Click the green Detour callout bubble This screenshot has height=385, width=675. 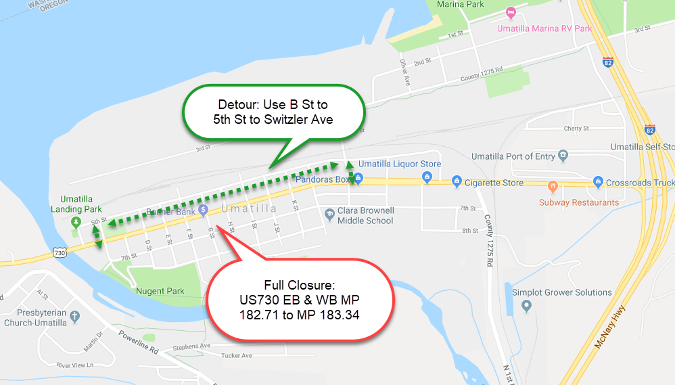[x=273, y=110]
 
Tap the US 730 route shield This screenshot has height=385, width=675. [x=60, y=252]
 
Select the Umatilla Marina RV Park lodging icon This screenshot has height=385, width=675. [x=511, y=13]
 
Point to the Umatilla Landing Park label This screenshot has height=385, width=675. [x=76, y=204]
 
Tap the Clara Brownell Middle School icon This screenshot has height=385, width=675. [x=329, y=214]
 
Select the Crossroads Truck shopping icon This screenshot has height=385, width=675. [x=597, y=182]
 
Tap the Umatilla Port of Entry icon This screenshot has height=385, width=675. [x=563, y=156]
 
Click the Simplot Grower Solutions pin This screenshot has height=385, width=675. [x=527, y=307]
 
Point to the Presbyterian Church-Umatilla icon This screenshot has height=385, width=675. [x=75, y=316]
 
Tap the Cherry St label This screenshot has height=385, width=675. [x=576, y=128]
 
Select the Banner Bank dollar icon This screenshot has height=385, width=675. [x=203, y=210]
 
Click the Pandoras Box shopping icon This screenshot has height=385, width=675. [x=358, y=179]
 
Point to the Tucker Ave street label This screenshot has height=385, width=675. [x=237, y=355]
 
